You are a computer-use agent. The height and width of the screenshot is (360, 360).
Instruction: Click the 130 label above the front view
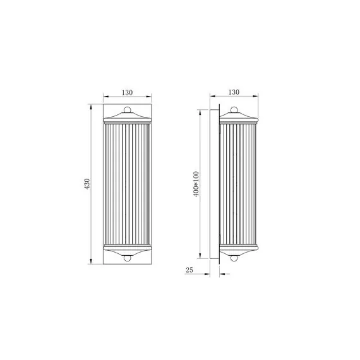coord(127,92)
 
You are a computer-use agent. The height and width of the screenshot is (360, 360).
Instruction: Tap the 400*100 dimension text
coord(196,183)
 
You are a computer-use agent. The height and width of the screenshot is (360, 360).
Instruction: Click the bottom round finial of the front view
coord(127,257)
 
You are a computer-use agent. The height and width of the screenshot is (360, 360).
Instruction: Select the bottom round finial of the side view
coord(236,257)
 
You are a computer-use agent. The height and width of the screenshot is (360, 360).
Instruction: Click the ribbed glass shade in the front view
coord(127,183)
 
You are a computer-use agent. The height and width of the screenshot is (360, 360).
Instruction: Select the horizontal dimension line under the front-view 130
coord(127,98)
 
